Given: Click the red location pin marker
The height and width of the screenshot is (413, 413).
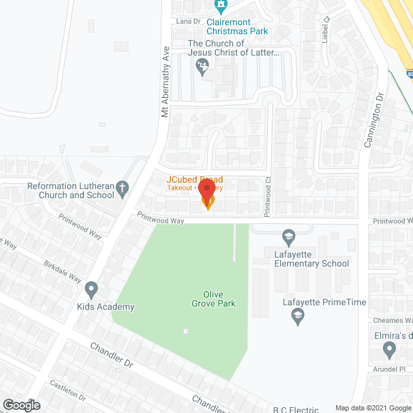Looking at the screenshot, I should [206, 191].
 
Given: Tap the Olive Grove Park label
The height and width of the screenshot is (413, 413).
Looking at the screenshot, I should [214, 298].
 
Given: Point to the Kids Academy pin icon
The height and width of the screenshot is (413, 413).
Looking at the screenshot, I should [92, 288].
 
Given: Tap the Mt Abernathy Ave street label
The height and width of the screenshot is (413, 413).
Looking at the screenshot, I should [165, 81].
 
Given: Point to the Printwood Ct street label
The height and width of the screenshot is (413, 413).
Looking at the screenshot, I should [267, 197].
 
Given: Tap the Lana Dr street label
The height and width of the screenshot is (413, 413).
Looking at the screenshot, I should [190, 21].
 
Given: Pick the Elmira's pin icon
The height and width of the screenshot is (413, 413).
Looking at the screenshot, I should [388, 350].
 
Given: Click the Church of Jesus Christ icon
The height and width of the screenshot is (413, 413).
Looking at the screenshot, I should [203, 65].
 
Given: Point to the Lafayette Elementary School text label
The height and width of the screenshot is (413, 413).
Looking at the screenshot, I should [312, 258].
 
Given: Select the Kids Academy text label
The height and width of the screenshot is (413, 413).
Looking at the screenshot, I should [106, 307].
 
